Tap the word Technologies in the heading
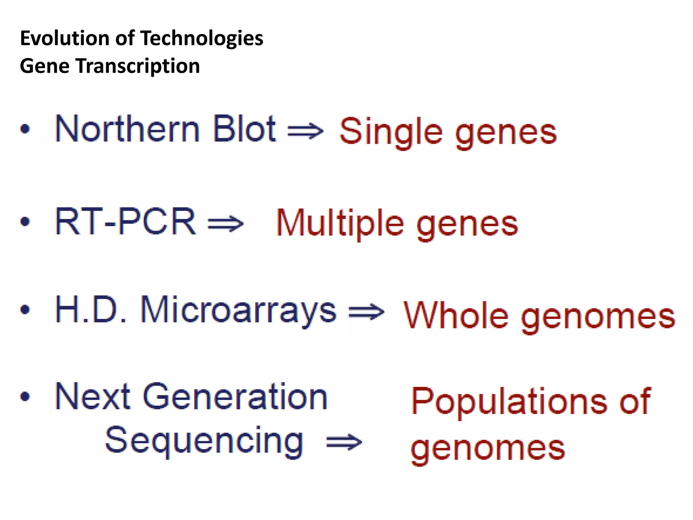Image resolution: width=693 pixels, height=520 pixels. click(202, 39)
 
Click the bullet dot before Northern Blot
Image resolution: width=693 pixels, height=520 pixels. click(25, 129)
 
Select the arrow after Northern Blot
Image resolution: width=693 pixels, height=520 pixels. click(305, 131)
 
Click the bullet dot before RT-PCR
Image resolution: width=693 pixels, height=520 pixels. click(25, 221)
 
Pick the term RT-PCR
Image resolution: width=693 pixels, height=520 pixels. click(125, 221)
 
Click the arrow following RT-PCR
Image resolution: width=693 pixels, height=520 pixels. click(225, 224)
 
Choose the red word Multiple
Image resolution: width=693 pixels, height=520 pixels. click(340, 224)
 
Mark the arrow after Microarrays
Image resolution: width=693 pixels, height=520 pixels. click(366, 312)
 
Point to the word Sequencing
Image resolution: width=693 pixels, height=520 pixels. click(204, 441)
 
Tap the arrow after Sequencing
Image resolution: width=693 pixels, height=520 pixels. click(344, 442)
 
